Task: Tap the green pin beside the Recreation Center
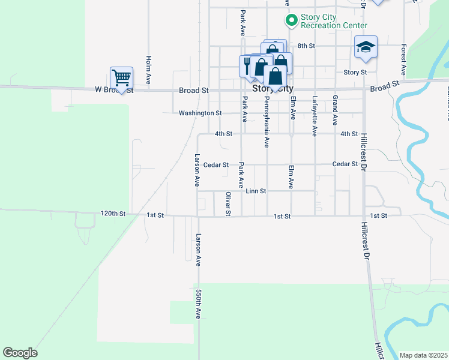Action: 291,21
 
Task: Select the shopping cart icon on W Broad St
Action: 121,77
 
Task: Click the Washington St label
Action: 200,113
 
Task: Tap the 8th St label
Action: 306,46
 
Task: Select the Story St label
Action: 355,72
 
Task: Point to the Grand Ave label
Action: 335,106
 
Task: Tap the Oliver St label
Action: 228,203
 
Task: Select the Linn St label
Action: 256,191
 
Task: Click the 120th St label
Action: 113,214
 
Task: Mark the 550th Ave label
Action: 198,304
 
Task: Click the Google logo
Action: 20,353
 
